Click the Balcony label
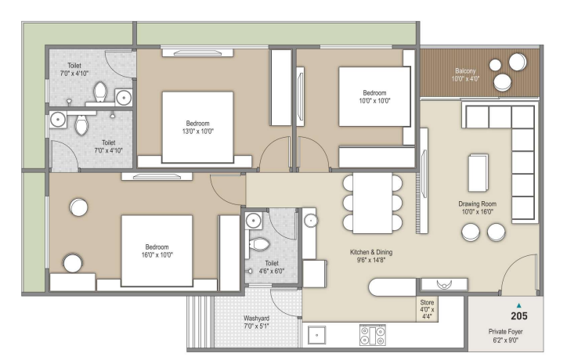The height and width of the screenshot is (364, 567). pyautogui.click(x=465, y=71)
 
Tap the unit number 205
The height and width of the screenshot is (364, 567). pyautogui.click(x=519, y=316)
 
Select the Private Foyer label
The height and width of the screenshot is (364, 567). pyautogui.click(x=506, y=331)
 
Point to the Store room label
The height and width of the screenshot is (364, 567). pyautogui.click(x=427, y=302)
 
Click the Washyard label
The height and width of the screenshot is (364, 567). pyautogui.click(x=256, y=319)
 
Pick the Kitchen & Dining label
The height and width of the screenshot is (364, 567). pyautogui.click(x=371, y=252)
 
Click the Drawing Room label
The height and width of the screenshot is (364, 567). pyautogui.click(x=477, y=204)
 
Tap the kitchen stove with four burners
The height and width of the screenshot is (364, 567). pyautogui.click(x=373, y=335)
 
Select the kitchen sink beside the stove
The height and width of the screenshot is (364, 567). pyautogui.click(x=316, y=335)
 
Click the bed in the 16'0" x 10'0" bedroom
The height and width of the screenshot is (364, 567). pyautogui.click(x=157, y=250)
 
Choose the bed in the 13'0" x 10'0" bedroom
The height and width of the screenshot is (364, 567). pyautogui.click(x=197, y=128)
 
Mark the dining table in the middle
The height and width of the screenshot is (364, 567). pyautogui.click(x=373, y=204)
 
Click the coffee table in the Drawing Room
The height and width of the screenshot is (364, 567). pyautogui.click(x=478, y=172)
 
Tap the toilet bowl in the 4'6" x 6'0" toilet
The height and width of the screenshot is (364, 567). pyautogui.click(x=260, y=244)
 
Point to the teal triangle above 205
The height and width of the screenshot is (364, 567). pyautogui.click(x=519, y=305)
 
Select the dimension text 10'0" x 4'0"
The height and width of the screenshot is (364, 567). pyautogui.click(x=465, y=79)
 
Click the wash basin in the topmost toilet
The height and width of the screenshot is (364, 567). pyautogui.click(x=124, y=97)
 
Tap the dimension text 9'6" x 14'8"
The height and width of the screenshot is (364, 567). pyautogui.click(x=371, y=260)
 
